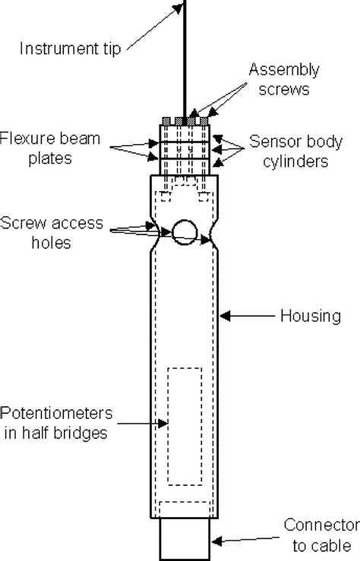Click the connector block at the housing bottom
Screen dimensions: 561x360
(x=185, y=539)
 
